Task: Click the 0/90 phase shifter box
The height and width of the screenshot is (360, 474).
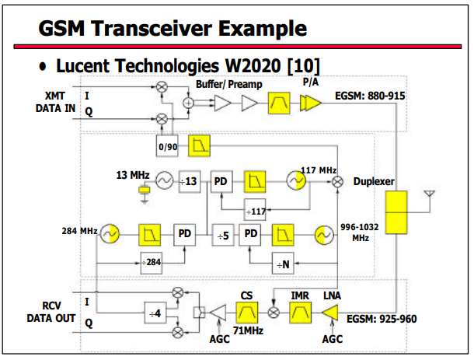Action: [167, 146]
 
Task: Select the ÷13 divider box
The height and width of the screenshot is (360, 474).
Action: [190, 181]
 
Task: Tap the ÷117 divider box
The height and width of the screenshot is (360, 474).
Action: [255, 210]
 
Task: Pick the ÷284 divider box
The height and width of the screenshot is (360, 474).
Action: [152, 263]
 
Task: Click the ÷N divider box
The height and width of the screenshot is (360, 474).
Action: [283, 264]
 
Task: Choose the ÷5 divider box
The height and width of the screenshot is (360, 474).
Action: [223, 235]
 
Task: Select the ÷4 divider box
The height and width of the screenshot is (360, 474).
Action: [155, 313]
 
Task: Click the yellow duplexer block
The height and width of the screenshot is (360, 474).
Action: [396, 212]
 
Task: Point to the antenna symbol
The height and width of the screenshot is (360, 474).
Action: [430, 194]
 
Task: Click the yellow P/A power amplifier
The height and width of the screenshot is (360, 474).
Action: [311, 103]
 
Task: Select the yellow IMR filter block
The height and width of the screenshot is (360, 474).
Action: [301, 313]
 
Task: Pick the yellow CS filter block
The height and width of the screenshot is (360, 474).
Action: [247, 313]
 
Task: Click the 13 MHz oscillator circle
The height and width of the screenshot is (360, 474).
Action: [165, 181]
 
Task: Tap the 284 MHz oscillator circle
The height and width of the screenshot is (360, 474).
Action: [110, 233]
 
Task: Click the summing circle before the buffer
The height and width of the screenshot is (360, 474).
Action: [189, 103]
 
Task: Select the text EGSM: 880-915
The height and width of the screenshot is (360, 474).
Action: [370, 96]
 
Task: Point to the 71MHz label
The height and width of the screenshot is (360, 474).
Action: [248, 330]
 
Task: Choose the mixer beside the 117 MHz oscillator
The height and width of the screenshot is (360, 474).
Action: [338, 182]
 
